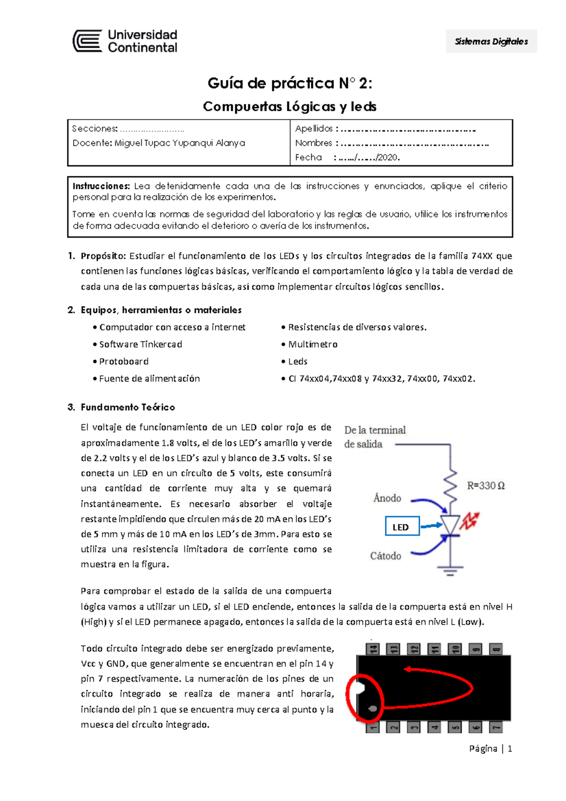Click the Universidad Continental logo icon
coord(87,41)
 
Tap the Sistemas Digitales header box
coord(491,42)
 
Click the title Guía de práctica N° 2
coord(290,83)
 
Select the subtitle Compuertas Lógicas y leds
coord(290,107)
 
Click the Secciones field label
coord(94,129)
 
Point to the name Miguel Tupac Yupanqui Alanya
coord(179,143)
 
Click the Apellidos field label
coord(314,129)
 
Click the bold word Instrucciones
coord(101,186)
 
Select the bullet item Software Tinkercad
coord(140,344)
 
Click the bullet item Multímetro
coord(312,344)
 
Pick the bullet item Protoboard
coord(124,361)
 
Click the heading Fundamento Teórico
coord(127,407)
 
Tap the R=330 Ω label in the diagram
coord(486,485)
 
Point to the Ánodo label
coord(387,498)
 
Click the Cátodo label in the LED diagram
coord(385,556)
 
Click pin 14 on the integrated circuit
coord(373,649)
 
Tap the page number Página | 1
coord(491,749)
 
